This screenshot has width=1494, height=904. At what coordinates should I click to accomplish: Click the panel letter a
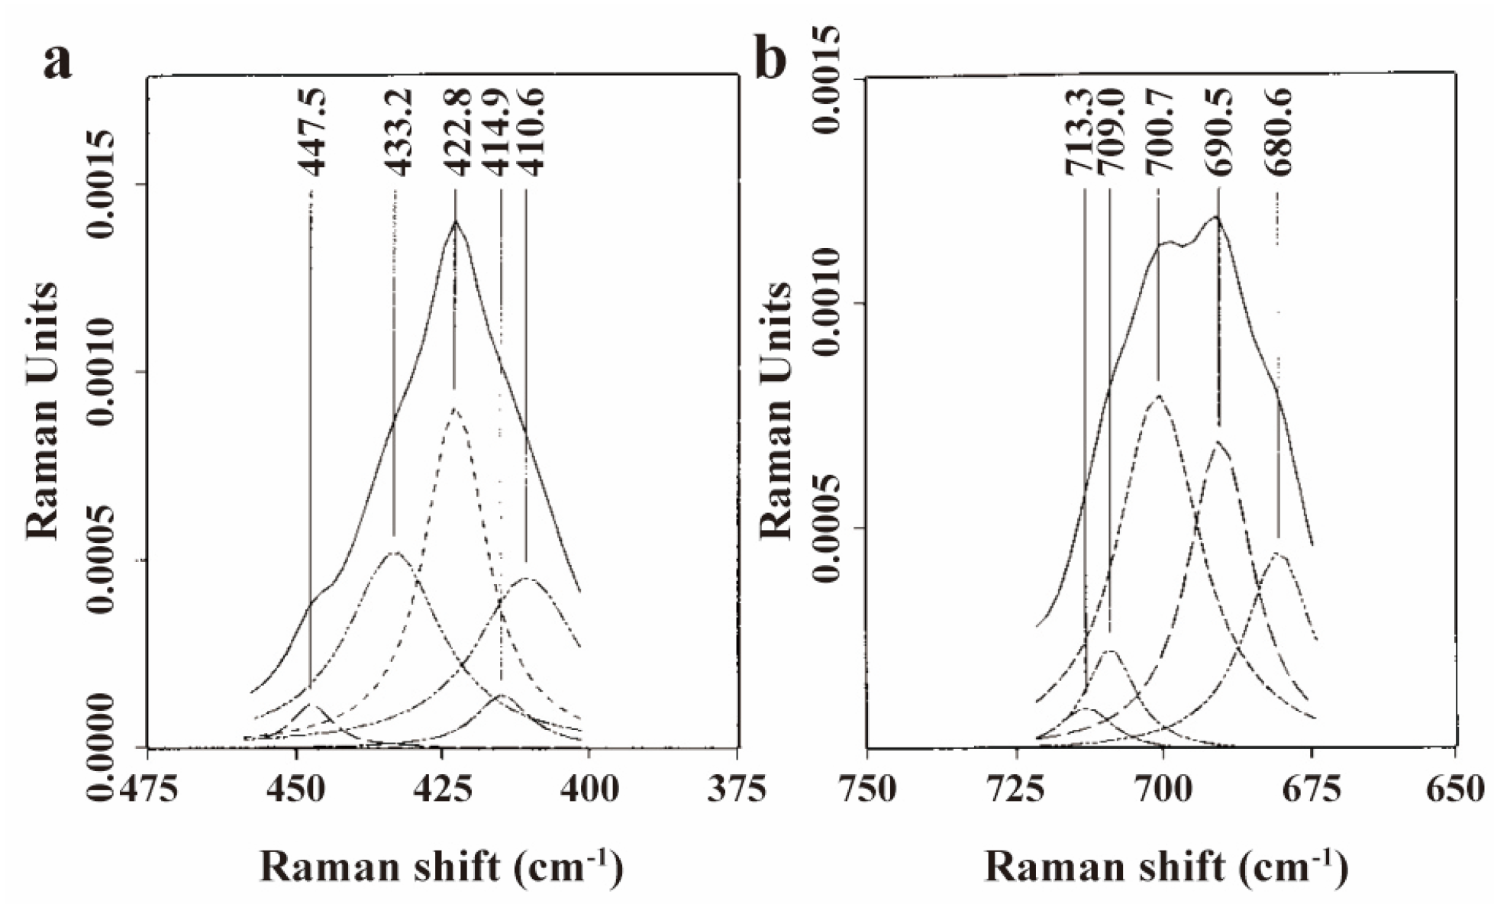point(58,62)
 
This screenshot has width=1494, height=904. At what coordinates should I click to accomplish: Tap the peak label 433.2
point(397,131)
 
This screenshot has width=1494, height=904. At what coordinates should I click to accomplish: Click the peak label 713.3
point(1079,131)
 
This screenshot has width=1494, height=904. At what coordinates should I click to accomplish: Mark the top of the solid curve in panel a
point(456,221)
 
